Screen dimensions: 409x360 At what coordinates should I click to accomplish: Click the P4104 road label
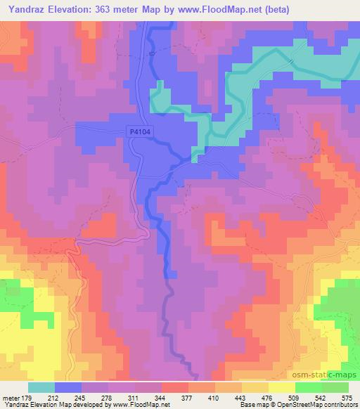pos(141,131)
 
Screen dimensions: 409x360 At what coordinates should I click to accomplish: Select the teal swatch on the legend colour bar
pos(41,387)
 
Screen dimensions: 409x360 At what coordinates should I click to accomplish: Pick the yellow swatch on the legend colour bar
pos(281,387)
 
